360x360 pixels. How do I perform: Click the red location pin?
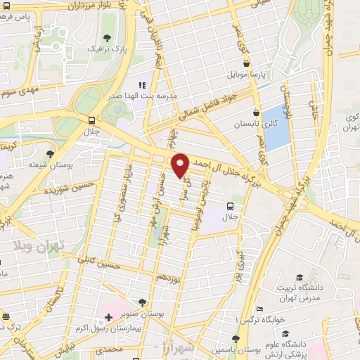pos(180,166)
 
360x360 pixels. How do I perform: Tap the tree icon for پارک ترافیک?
pos(107,38)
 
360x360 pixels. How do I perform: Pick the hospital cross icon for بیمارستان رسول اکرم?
pos(108,317)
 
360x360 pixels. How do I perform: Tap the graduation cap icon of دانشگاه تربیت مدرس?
pos(299,278)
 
